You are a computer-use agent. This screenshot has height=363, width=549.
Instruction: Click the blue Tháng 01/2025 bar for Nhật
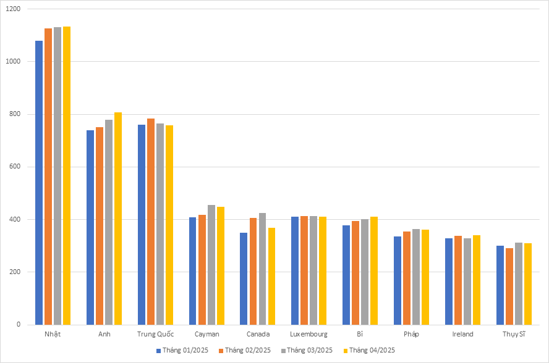pos(39,183)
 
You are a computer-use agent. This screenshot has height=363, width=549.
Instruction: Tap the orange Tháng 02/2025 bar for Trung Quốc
pos(151,222)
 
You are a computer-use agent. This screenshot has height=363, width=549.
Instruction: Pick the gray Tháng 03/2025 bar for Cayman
pos(211,265)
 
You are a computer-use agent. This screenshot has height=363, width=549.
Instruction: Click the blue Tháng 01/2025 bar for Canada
pos(244,278)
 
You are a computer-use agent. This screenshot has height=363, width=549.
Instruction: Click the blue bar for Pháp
pos(398,280)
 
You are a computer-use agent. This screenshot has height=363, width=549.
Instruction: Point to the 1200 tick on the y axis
pos(14,9)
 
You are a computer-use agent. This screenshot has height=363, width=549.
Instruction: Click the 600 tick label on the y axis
pos(16,167)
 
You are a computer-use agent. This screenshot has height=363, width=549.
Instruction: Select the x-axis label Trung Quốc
pos(155,334)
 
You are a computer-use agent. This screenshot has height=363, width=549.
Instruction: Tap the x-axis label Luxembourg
pos(309,334)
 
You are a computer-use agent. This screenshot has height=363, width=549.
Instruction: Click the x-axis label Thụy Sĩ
pos(514,334)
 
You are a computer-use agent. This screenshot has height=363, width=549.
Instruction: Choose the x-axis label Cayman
pos(206,334)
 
